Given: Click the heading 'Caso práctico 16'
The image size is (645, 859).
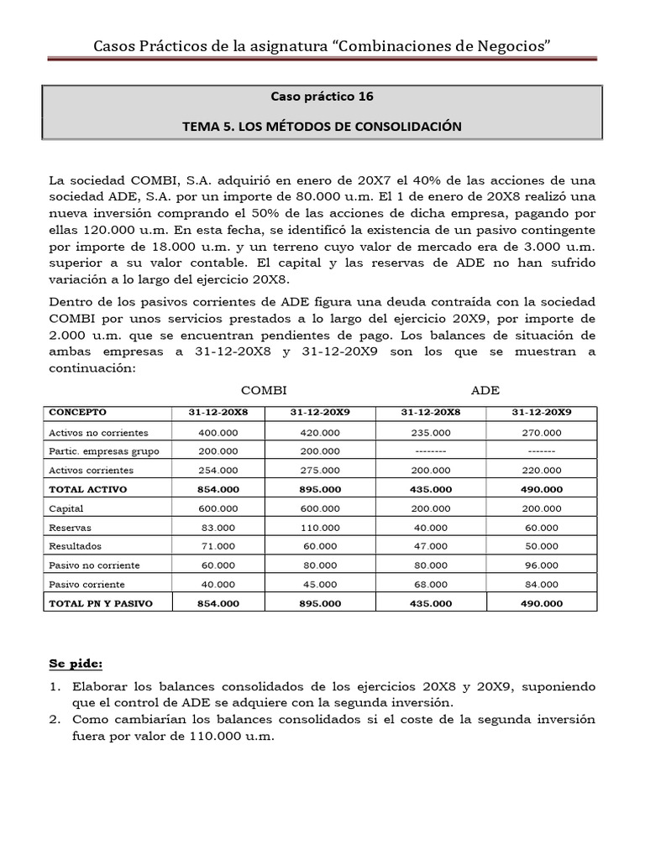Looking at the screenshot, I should (x=322, y=96).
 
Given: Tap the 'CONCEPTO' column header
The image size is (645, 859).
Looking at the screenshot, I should (x=78, y=412).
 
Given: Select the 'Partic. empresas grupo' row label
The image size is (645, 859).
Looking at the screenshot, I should (x=105, y=451).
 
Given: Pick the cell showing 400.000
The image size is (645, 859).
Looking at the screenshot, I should (x=218, y=433).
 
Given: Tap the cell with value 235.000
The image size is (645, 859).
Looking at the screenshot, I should (x=431, y=433).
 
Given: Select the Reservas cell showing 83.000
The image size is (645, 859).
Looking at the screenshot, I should (x=218, y=528).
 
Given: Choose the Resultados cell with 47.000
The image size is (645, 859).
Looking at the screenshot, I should (x=431, y=546).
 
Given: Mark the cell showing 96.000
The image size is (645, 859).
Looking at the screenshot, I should (x=541, y=565).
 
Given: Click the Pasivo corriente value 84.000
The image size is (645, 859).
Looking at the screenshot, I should (x=541, y=584).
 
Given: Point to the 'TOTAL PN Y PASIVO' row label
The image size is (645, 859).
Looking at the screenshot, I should (x=101, y=603).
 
